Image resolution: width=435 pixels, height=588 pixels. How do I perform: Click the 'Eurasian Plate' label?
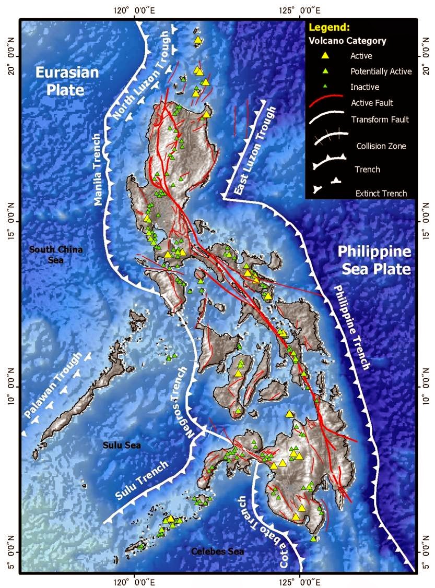point(67,81)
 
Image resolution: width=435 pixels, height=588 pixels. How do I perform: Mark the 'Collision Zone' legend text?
point(381,146)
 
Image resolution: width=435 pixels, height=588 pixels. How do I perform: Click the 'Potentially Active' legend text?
point(381,71)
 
